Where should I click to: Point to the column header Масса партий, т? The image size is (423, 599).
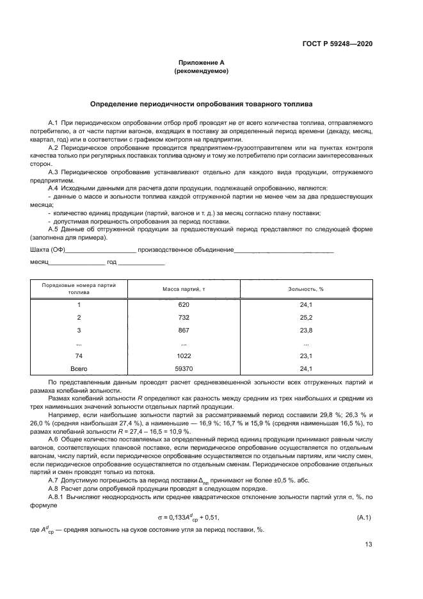pyautogui.click(x=184, y=289)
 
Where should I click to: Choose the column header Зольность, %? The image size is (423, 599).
pyautogui.click(x=306, y=289)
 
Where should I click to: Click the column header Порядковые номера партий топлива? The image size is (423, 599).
pyautogui.click(x=79, y=289)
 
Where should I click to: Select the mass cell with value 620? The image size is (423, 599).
pyautogui.click(x=184, y=305)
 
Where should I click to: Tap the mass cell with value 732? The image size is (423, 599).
pyautogui.click(x=184, y=318)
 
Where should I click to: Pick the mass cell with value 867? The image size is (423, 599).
pyautogui.click(x=184, y=331)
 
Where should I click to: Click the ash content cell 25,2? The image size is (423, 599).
pyautogui.click(x=306, y=318)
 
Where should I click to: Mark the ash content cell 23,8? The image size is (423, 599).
pyautogui.click(x=306, y=331)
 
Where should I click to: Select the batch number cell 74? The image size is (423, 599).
pyautogui.click(x=79, y=356)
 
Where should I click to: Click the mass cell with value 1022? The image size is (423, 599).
pyautogui.click(x=184, y=356)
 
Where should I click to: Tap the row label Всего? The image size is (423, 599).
pyautogui.click(x=79, y=369)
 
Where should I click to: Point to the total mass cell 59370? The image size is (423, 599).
pyautogui.click(x=184, y=369)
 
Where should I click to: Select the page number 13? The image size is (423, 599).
pyautogui.click(x=368, y=545)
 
